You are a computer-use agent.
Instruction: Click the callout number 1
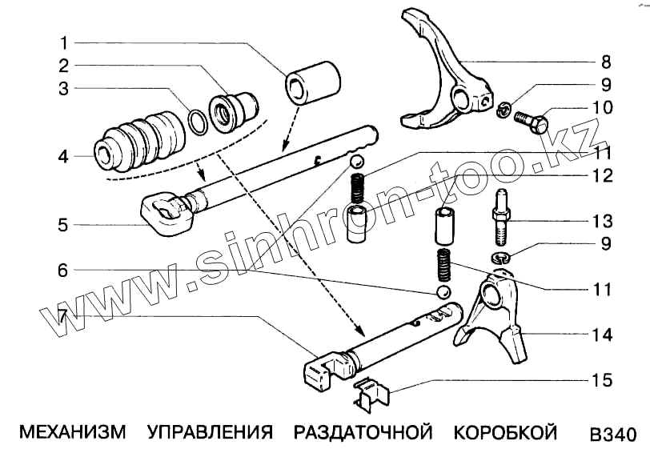63,42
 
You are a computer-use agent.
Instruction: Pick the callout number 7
63,317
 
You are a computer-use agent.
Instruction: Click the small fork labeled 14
495,312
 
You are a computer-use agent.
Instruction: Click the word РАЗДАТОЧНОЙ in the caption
363,433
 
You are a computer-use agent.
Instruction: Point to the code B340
612,435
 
